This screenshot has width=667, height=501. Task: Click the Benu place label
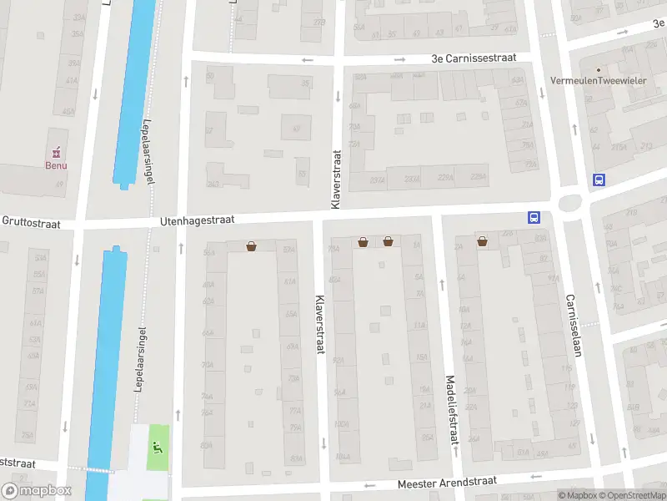(56, 165)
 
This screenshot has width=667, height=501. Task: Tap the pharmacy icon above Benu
(56, 153)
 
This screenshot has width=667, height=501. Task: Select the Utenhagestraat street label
(198, 220)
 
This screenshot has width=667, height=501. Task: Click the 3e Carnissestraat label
(474, 58)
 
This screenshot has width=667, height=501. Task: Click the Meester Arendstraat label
(447, 482)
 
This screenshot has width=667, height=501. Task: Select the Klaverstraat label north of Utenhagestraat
(336, 180)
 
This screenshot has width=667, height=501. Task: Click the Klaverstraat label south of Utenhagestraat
(318, 324)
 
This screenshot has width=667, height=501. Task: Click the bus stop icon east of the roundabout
(599, 180)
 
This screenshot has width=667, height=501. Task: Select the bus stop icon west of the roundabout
(534, 217)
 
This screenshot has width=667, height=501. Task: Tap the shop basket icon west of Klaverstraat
(251, 246)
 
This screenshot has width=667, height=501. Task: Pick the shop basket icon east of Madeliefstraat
(482, 242)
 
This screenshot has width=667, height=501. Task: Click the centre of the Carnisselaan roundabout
(570, 202)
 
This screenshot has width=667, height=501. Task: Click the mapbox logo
(37, 490)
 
